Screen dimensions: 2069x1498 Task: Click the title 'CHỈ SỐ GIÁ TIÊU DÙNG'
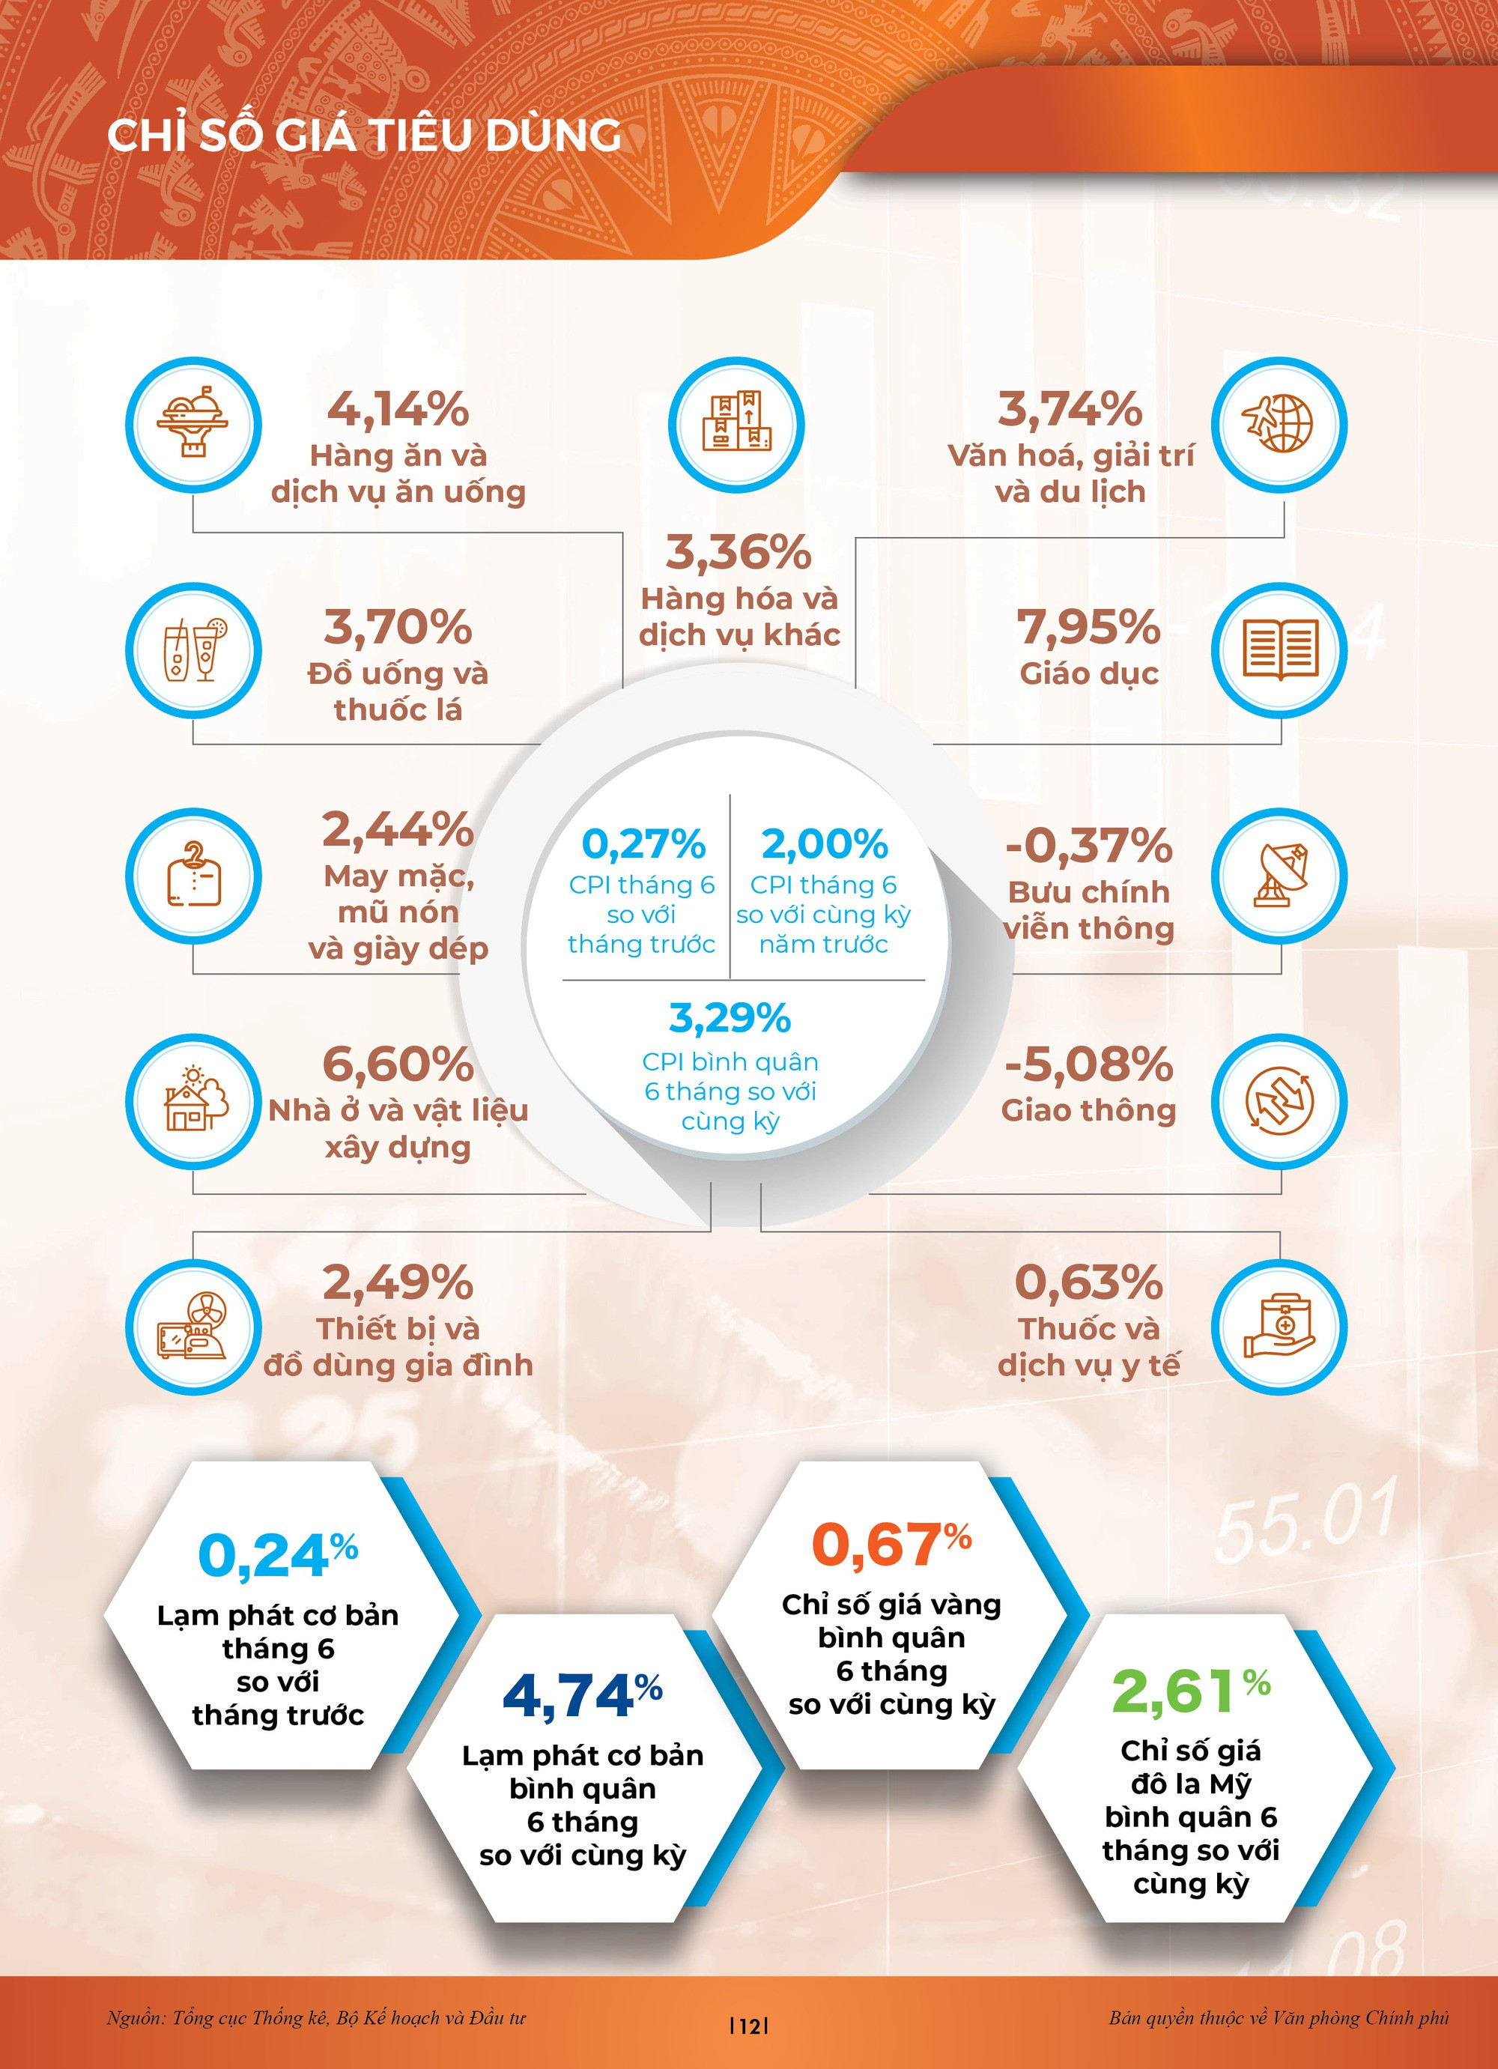(364, 135)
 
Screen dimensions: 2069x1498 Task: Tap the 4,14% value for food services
(398, 409)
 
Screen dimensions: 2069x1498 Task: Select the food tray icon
(192, 425)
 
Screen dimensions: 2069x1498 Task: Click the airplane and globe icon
(1278, 425)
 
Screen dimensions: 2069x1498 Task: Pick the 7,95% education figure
(1088, 628)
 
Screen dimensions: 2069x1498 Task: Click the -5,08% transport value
(1088, 1064)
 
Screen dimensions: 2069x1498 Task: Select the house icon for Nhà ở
(192, 1101)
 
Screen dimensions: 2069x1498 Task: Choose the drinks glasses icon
(192, 650)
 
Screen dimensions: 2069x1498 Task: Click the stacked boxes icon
(736, 425)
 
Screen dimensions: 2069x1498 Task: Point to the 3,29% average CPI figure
(730, 1018)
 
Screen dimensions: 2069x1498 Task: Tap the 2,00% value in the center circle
(825, 845)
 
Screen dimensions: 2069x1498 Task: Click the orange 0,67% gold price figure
(891, 1545)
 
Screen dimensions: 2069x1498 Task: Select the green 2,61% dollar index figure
(1189, 1691)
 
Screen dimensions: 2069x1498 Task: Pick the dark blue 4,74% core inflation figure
(581, 1696)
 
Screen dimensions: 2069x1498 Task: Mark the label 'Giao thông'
(1088, 1110)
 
